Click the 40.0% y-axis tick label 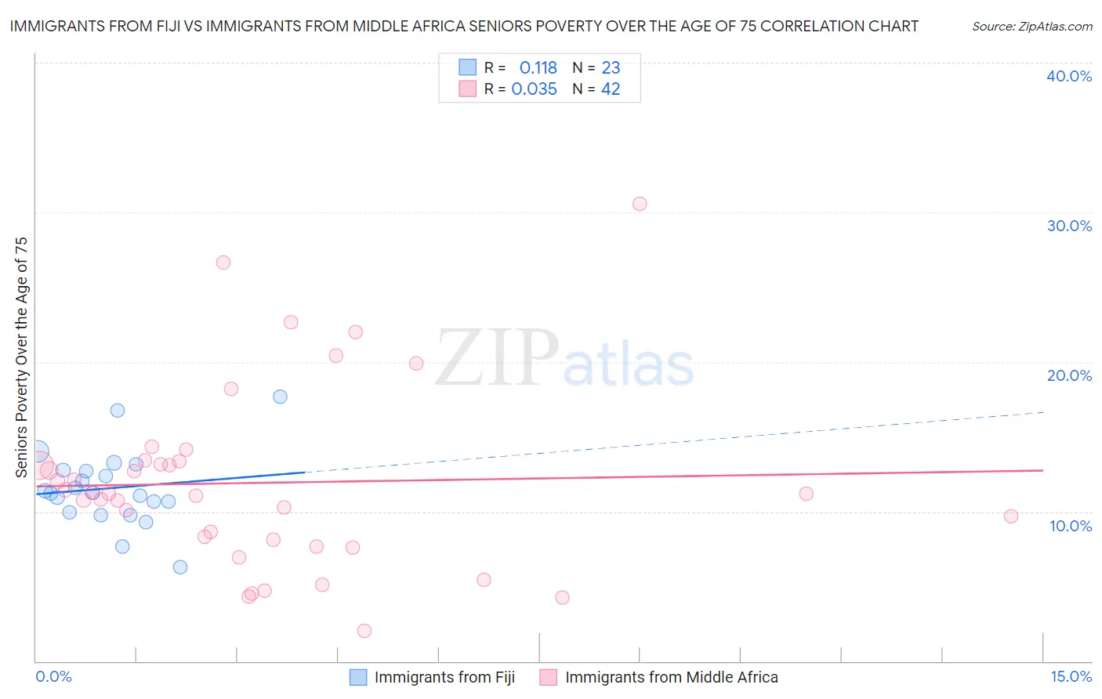pos(1069,76)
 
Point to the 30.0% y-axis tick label pos(1069,226)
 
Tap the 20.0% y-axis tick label pos(1069,375)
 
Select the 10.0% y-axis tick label pos(1071,526)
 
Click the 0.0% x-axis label pos(53,676)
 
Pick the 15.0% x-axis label pos(1071,676)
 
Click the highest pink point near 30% pos(640,204)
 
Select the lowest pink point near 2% pos(364,631)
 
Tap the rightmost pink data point pos(1011,516)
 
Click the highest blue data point pos(281,397)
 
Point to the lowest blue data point pos(180,567)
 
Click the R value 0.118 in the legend pos(538,68)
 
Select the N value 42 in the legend pos(611,89)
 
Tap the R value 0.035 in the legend pos(534,89)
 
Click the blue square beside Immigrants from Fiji pos(358,678)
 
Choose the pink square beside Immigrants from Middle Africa pos(549,678)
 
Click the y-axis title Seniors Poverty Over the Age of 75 pos(21,357)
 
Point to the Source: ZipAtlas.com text pos(1031,27)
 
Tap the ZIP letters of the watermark pos(497,358)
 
